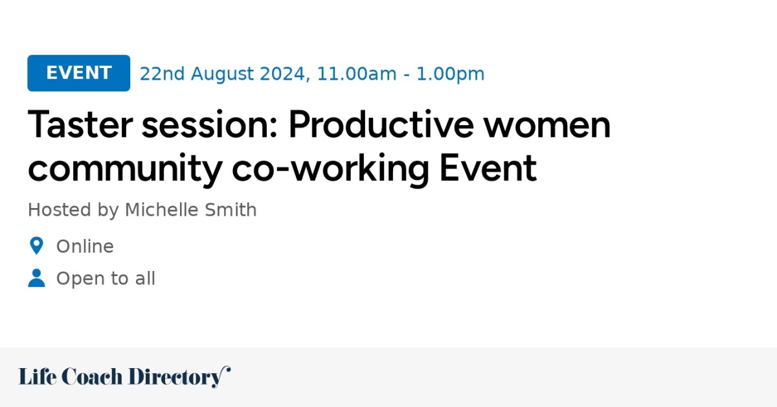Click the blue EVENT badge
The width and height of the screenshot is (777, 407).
[78, 73]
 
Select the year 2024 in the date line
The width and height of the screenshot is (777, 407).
[283, 74]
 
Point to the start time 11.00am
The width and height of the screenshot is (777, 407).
[355, 74]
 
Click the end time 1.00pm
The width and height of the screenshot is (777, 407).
[450, 74]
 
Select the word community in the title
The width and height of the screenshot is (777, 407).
[125, 168]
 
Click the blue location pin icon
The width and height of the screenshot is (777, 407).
[36, 246]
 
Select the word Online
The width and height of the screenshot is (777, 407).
[85, 247]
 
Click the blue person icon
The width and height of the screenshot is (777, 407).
[36, 278]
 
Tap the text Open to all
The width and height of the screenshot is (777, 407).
[106, 279]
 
